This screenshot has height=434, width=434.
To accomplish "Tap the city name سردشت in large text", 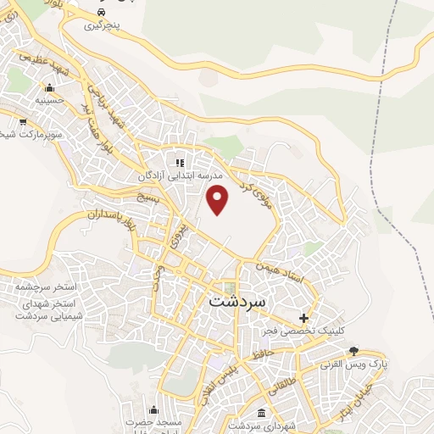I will point(236,301).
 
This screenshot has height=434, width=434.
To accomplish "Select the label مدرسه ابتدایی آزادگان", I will point(181,175).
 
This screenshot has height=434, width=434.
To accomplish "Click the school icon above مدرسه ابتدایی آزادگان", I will point(179,162).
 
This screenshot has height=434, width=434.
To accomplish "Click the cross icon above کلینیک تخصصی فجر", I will point(304,317).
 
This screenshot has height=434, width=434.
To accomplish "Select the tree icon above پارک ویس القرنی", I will point(354,351).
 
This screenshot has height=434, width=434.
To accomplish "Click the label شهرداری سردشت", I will point(259,425).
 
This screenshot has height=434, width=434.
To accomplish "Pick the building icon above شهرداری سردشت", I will point(259,412).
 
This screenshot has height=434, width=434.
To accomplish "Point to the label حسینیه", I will point(50,100).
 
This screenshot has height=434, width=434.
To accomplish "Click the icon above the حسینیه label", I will point(49,87).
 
